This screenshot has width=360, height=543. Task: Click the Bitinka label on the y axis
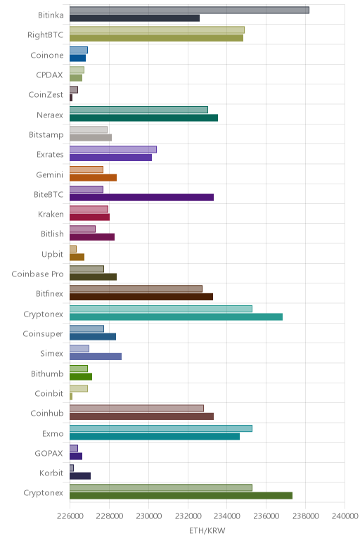[x=51, y=15]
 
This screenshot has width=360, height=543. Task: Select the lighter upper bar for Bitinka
[x=189, y=10]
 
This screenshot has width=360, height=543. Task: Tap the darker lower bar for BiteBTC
[x=141, y=198]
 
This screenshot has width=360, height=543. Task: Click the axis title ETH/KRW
[x=207, y=530]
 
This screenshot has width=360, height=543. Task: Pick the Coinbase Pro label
[x=38, y=274]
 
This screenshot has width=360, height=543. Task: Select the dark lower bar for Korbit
[x=80, y=475]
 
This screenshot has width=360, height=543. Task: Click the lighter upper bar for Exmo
[x=161, y=428]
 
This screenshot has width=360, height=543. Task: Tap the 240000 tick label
[x=345, y=516]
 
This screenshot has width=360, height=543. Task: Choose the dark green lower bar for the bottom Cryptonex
[x=181, y=496]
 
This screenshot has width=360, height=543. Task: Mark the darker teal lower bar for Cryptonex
[x=176, y=317]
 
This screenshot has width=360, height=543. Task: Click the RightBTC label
[x=46, y=35]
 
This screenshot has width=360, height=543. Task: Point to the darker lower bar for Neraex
[x=143, y=117]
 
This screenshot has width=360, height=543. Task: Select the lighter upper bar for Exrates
[x=113, y=149]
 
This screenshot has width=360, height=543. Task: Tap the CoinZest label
[x=46, y=94]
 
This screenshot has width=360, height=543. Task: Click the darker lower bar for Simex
[x=96, y=357]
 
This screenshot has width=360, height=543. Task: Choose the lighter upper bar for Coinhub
[x=136, y=408]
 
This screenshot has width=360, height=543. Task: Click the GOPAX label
[x=49, y=453]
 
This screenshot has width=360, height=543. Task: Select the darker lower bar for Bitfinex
[x=141, y=297]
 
